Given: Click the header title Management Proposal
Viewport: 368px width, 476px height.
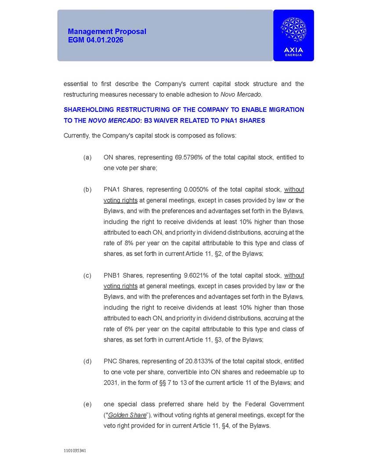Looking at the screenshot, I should (x=107, y=32).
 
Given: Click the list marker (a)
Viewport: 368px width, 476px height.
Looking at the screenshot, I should (x=87, y=157).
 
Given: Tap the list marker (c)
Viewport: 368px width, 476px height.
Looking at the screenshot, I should (x=87, y=276).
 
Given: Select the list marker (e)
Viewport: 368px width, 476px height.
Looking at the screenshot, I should (x=87, y=404).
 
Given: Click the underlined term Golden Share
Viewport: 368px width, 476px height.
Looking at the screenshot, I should (x=127, y=415).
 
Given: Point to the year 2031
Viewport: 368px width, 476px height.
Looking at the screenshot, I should (x=111, y=383).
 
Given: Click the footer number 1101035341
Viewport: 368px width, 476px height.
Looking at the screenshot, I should (x=74, y=451).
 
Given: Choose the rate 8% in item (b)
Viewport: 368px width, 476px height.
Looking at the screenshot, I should (x=126, y=243).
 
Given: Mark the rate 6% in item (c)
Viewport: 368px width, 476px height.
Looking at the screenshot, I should (x=126, y=329).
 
